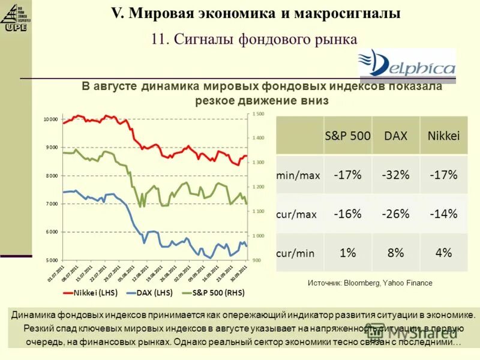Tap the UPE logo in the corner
pyautogui.click(x=16, y=16)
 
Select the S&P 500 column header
pyautogui.click(x=347, y=136)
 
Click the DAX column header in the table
pyautogui.click(x=395, y=136)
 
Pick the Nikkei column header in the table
pyautogui.click(x=443, y=136)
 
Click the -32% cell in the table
pyautogui.click(x=395, y=175)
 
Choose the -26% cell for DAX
pyautogui.click(x=395, y=214)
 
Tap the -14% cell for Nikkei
pyautogui.click(x=443, y=214)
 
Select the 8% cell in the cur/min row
pyautogui.click(x=395, y=253)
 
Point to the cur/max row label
pyautogui.click(x=298, y=214)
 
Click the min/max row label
pyautogui.click(x=298, y=176)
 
